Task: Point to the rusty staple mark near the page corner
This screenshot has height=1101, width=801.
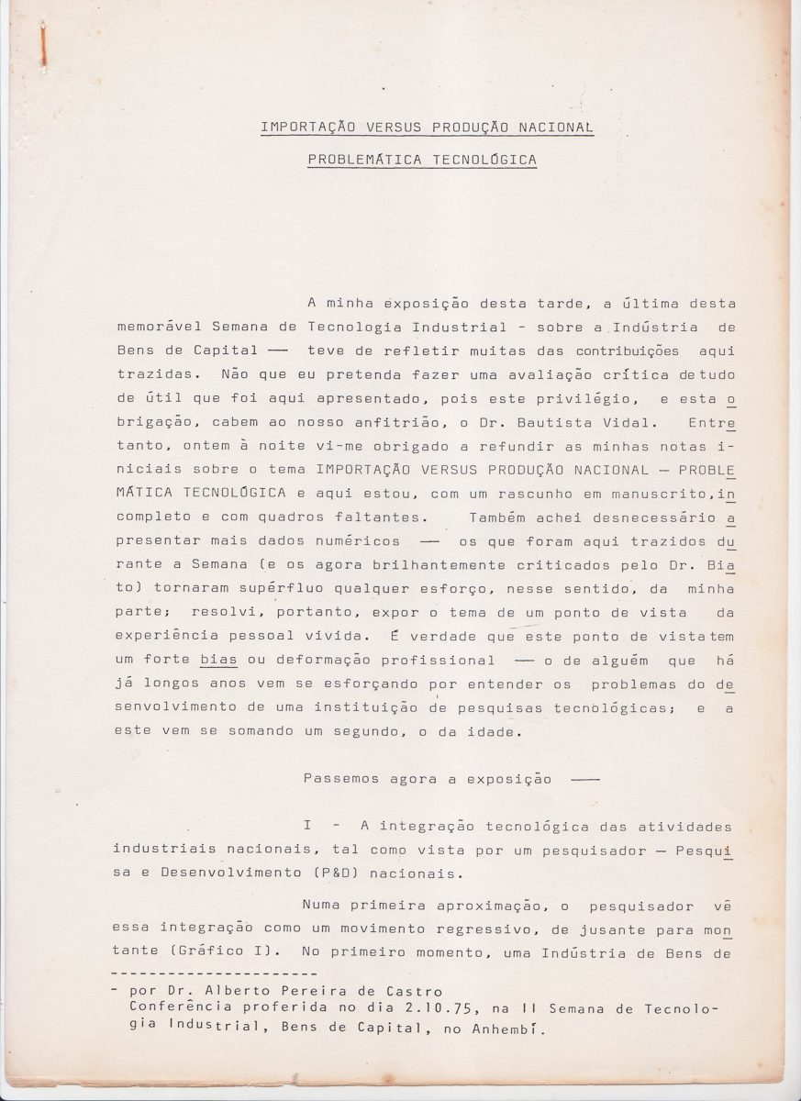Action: click(x=42, y=44)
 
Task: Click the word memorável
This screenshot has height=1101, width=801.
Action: click(x=160, y=327)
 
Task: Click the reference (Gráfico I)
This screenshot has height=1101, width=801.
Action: click(x=207, y=953)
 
